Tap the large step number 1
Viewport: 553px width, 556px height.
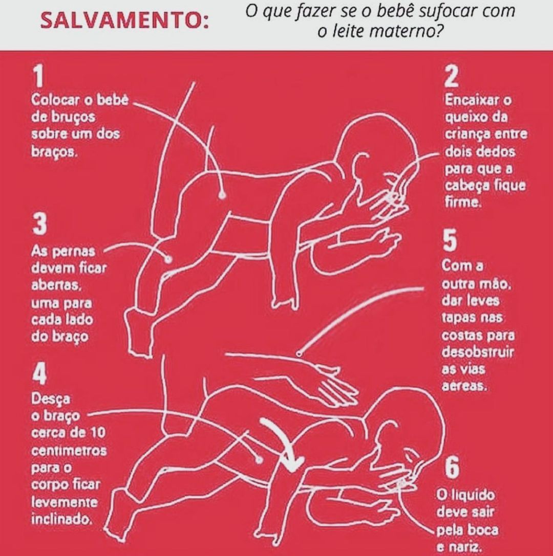[38, 77]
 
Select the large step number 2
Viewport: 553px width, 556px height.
[452, 77]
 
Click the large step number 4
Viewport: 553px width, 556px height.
[40, 374]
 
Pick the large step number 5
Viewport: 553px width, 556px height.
[450, 240]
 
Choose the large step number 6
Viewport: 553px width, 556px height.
[452, 467]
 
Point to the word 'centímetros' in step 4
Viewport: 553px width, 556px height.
[69, 451]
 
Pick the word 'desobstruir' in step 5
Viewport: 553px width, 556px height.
[478, 352]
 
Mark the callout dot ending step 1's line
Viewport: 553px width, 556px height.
[223, 195]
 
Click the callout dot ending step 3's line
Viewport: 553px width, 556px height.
[168, 259]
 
